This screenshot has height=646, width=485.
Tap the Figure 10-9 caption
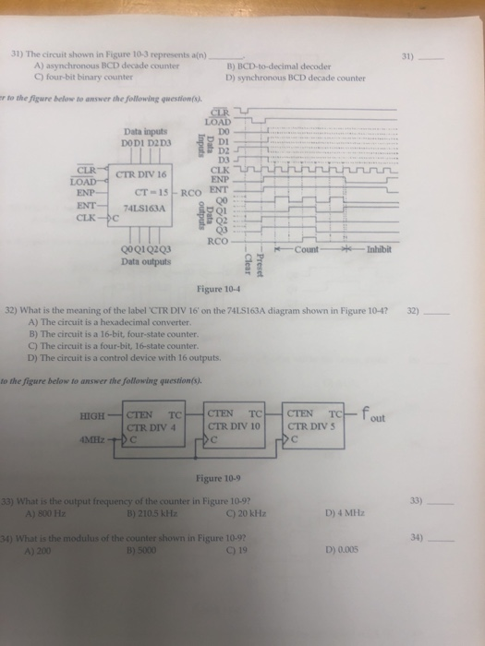pos(243,479)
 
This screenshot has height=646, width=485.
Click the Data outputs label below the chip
pos(144,261)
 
